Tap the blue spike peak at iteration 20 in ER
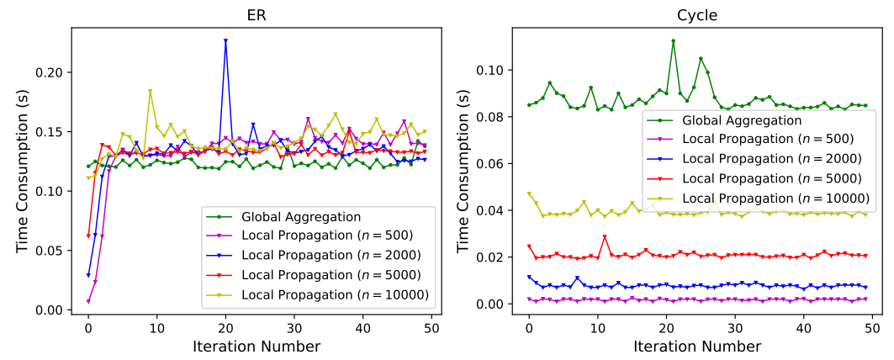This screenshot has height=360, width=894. (225, 40)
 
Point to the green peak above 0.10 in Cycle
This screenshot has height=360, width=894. (673, 40)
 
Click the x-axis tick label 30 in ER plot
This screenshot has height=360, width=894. (294, 326)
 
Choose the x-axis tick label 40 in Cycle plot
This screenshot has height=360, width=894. (804, 326)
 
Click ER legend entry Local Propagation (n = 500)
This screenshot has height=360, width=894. (325, 236)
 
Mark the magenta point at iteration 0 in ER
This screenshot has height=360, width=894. (88, 301)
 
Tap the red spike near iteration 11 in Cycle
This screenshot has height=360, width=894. (605, 237)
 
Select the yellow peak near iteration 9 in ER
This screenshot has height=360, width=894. (150, 91)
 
